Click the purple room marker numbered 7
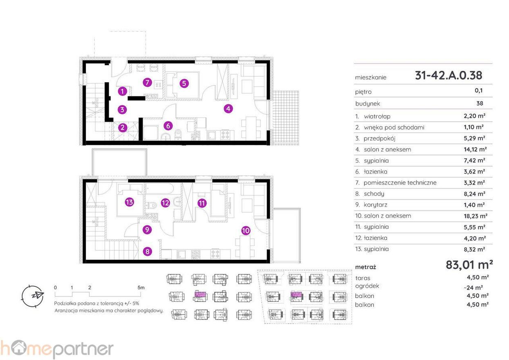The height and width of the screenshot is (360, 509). (147, 82)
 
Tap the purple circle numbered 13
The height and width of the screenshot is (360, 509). (130, 202)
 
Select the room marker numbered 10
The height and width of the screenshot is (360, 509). (245, 231)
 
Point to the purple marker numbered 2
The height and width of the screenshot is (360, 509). (123, 128)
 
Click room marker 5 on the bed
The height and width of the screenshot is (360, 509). (184, 83)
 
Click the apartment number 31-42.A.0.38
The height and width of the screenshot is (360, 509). (448, 75)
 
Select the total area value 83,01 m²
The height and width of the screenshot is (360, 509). (469, 265)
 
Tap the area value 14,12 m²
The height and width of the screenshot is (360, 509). (471, 149)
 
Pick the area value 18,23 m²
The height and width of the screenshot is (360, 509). (471, 216)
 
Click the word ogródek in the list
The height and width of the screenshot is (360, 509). (367, 286)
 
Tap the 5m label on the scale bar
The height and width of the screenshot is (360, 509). (141, 288)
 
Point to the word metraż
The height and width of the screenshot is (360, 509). (365, 267)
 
